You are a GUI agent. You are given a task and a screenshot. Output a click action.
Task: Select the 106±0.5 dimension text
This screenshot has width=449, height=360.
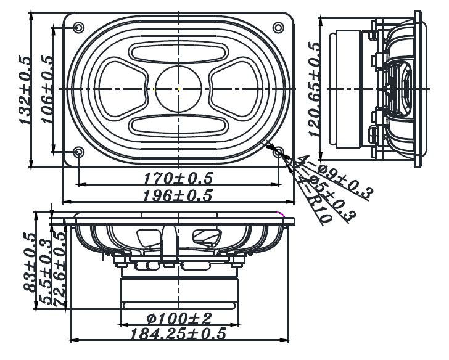tap(47, 90)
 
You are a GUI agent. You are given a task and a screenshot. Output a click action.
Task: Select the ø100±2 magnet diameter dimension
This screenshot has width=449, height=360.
tap(179, 319)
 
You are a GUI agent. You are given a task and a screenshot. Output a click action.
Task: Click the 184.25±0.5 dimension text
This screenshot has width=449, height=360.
tap(179, 334)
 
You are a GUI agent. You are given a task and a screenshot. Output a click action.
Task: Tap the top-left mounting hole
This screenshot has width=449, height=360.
tap(79, 28)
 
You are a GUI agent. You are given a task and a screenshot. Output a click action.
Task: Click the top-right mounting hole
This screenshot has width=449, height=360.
tap(279, 28)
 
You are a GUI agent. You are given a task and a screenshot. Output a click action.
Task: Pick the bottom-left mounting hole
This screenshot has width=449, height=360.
tap(79, 152)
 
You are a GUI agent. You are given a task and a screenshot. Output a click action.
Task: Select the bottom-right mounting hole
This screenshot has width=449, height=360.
tap(279, 152)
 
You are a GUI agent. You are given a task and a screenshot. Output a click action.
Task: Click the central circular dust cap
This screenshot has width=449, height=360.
tap(178, 89)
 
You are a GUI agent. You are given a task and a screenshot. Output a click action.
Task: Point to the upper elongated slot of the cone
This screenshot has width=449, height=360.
tap(178, 53)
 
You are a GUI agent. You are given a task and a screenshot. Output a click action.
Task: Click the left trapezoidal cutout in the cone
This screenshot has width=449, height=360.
tap(123, 89)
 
